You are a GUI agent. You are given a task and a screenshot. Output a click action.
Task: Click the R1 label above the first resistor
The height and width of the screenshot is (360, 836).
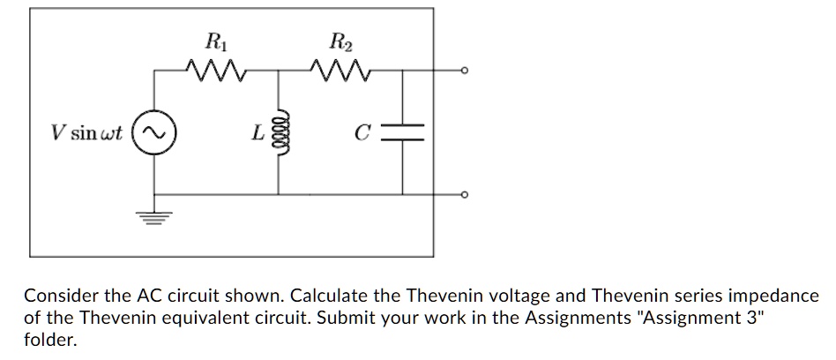coord(213,41)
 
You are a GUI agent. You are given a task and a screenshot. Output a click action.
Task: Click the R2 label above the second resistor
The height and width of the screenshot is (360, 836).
coord(338,41)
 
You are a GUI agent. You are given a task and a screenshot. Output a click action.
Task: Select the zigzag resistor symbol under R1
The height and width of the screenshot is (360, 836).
coord(213,69)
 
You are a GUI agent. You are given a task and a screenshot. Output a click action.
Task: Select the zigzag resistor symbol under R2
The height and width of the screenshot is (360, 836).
coord(338,69)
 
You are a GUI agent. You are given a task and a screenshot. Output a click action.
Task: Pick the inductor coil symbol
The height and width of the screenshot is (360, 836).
coord(280,132)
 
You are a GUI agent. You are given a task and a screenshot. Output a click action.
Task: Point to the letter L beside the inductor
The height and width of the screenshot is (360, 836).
coord(257,134)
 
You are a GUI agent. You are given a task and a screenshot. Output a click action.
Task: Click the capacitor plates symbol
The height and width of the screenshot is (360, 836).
coord(404,132)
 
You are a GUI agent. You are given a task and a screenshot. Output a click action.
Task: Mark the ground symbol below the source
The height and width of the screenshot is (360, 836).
coord(156,216)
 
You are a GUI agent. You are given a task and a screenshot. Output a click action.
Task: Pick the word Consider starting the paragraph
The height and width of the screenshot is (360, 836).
coord(57,296)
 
